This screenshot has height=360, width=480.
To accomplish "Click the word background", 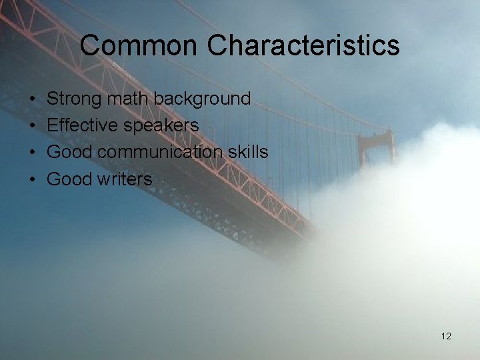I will pyautogui.click(x=203, y=99).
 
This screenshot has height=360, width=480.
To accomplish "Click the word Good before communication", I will pyautogui.click(x=69, y=152).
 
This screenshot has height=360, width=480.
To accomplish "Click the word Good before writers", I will pyautogui.click(x=69, y=179).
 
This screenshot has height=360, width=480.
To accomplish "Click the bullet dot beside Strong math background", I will pyautogui.click(x=32, y=99).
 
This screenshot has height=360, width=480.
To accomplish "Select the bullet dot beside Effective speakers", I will pyautogui.click(x=32, y=126).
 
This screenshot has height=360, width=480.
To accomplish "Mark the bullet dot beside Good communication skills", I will pyautogui.click(x=32, y=153).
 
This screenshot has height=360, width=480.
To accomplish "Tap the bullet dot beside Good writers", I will pyautogui.click(x=32, y=179).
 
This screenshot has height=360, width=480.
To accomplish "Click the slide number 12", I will pyautogui.click(x=446, y=336).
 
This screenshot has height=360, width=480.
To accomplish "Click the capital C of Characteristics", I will pyautogui.click(x=217, y=45).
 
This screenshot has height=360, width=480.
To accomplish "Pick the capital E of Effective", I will pyautogui.click(x=53, y=125).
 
